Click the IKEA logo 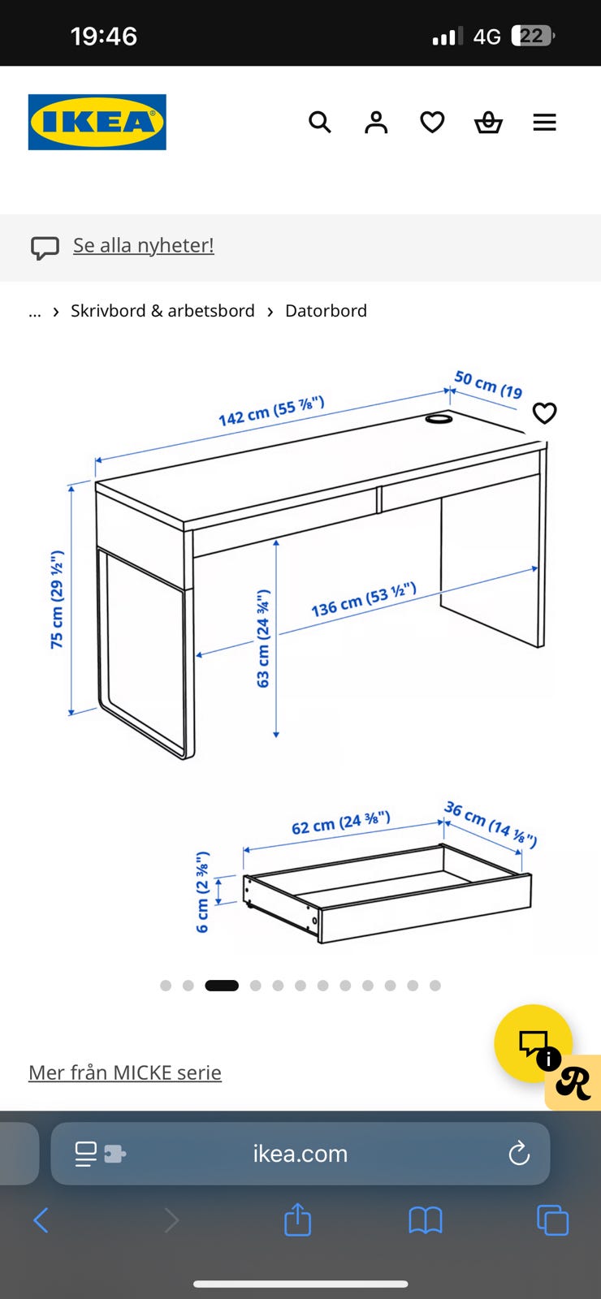97,122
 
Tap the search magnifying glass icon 320,123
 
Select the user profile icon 376,123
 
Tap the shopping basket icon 488,123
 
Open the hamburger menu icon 545,123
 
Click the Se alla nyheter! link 143,245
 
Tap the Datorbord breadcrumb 326,311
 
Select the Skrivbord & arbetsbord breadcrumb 162,311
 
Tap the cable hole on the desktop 439,418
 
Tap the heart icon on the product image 545,413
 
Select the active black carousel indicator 222,986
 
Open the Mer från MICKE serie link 125,1072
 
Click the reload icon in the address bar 519,1153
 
